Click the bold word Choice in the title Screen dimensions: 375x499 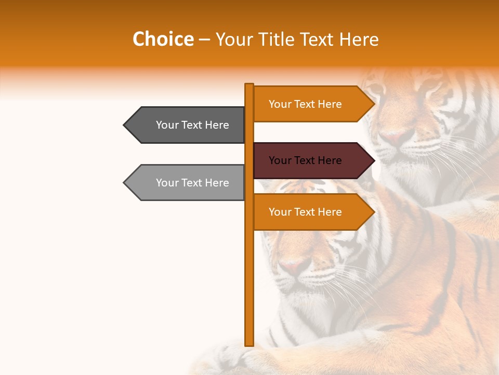tap(163, 40)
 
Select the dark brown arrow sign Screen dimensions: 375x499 tap(312, 160)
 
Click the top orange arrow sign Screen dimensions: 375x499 tap(312, 104)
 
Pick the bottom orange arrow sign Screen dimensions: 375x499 tap(312, 212)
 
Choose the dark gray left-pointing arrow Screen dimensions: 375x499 tap(187, 125)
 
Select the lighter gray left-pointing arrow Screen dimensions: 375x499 tap(187, 182)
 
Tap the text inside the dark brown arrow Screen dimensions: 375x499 tap(305, 160)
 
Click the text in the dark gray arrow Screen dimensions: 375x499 tap(192, 125)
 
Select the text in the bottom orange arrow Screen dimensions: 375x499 tap(305, 212)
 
